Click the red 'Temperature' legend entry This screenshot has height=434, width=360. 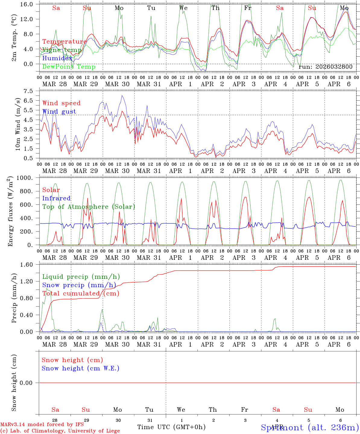point(65,42)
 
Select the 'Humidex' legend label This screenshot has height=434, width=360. point(57,58)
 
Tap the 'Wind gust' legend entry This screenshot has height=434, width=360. point(59,112)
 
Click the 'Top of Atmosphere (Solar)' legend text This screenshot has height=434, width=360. point(89,207)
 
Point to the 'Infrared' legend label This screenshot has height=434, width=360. point(56,198)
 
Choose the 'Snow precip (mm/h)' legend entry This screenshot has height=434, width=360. point(79,285)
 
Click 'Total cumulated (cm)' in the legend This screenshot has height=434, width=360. point(81,293)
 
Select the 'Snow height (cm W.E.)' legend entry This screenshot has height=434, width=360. point(81,368)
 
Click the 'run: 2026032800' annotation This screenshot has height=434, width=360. point(325,67)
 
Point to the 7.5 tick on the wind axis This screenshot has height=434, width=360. point(30,91)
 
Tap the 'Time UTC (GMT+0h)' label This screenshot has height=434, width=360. point(171,427)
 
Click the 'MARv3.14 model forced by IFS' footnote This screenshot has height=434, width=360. point(42,425)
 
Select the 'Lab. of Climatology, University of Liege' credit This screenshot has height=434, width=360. point(60,431)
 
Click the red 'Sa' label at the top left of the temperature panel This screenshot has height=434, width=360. point(56,8)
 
